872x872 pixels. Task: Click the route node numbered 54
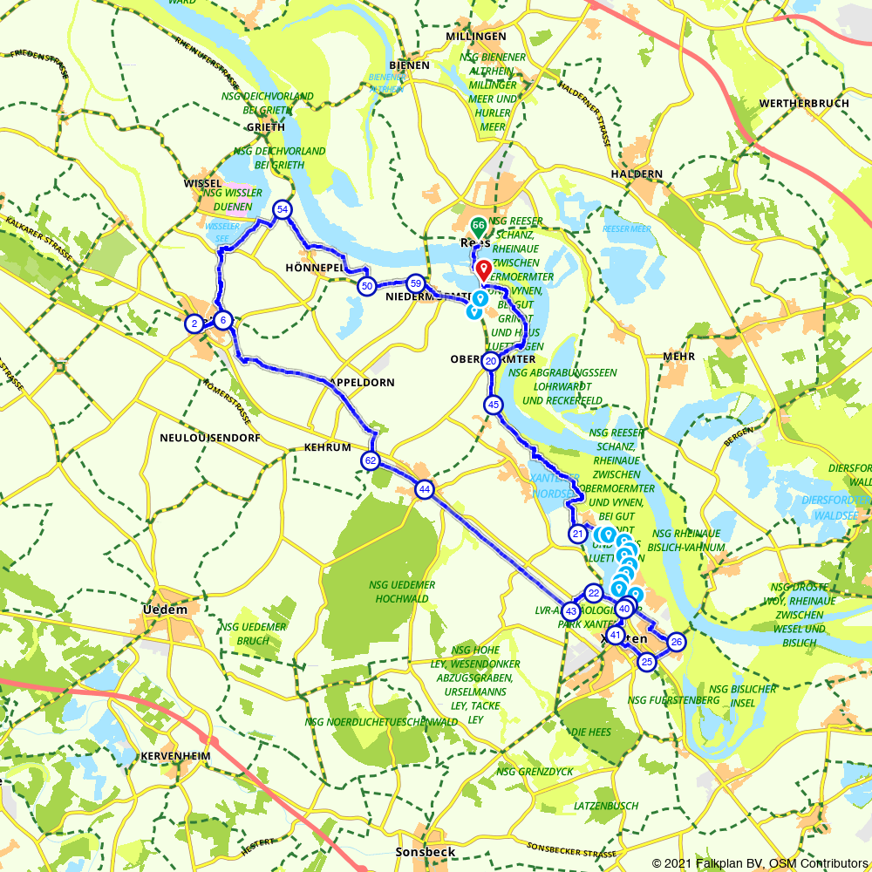(x=282, y=209)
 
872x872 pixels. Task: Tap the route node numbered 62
(x=371, y=460)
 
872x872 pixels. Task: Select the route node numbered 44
(x=424, y=489)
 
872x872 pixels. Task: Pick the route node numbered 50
(x=367, y=286)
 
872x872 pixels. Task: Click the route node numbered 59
(x=416, y=283)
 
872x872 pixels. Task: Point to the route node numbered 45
(x=494, y=405)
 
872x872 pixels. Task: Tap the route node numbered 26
(x=676, y=643)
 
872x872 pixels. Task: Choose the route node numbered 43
(x=570, y=611)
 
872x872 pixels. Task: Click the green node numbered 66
(x=478, y=225)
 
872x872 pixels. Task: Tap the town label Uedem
(x=165, y=610)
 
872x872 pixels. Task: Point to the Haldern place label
(x=637, y=174)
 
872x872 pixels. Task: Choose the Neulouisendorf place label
(x=210, y=438)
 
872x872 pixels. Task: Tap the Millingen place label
(x=475, y=37)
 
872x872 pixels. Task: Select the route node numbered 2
(x=193, y=324)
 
